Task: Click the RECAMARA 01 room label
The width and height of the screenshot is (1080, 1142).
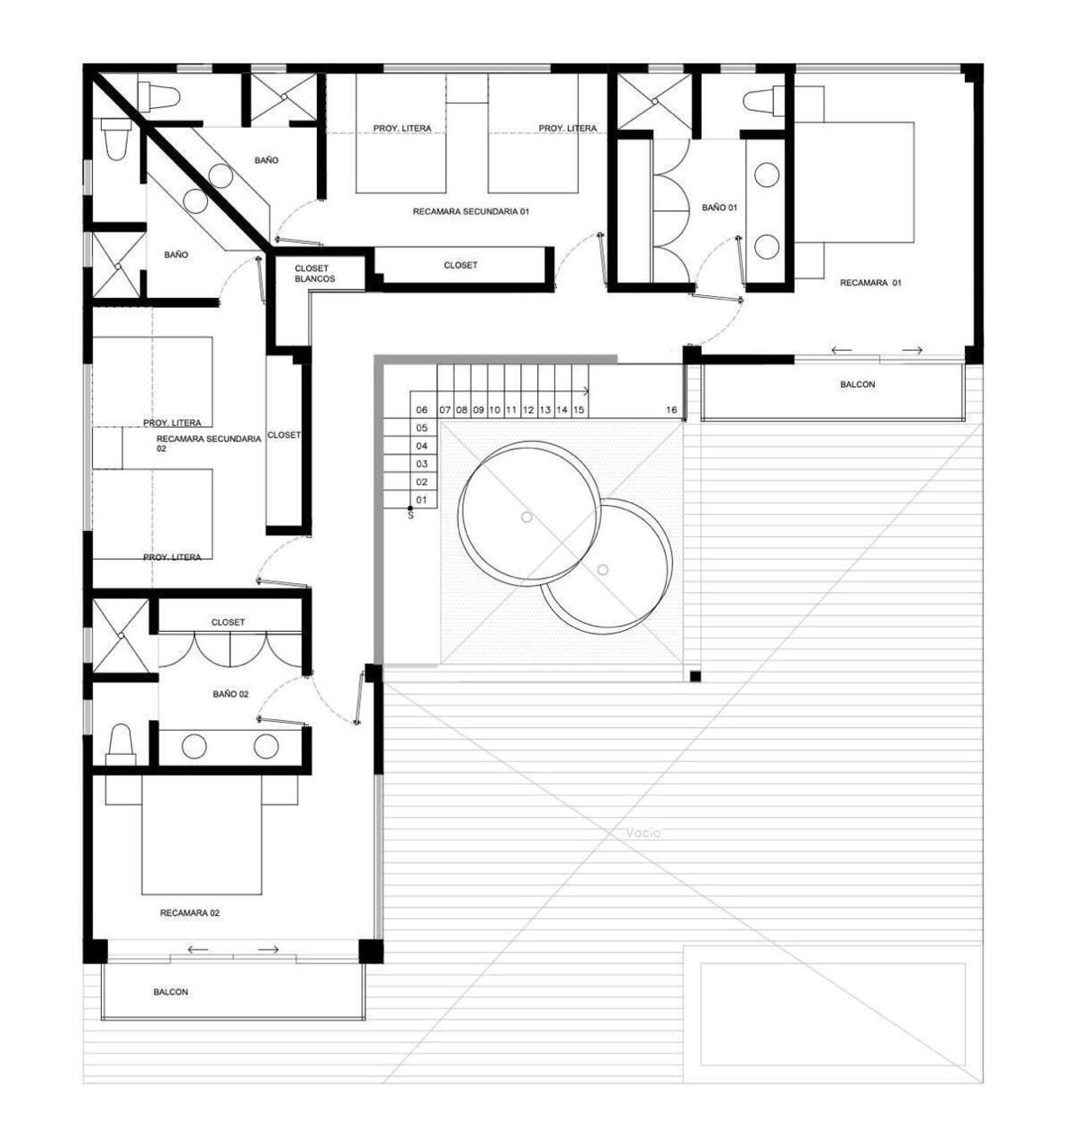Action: [869, 283]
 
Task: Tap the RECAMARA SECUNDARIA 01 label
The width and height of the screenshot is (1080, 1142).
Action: [471, 212]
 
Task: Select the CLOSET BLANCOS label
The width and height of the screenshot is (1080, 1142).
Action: [314, 274]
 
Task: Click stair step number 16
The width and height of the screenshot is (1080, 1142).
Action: [671, 410]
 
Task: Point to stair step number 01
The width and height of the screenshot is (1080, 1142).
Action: [421, 500]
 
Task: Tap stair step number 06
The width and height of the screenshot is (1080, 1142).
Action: [422, 410]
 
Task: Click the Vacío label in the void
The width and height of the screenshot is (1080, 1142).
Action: [643, 833]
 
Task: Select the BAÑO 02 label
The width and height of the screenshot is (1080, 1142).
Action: [230, 694]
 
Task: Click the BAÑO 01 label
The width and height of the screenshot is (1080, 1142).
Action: [719, 207]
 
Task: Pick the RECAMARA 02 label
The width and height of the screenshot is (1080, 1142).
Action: [190, 913]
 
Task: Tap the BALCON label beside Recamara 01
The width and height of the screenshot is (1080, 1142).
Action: [858, 384]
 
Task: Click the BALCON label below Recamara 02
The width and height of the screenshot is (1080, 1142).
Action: [171, 992]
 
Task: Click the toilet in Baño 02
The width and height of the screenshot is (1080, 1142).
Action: [121, 744]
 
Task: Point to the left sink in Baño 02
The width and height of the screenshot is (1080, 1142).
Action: [194, 746]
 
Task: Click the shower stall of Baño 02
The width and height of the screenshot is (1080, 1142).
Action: [121, 635]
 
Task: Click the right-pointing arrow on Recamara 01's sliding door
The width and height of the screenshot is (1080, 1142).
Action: [912, 350]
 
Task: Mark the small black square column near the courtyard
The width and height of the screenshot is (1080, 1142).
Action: [695, 677]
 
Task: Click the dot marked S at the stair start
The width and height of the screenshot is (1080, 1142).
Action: [410, 508]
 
